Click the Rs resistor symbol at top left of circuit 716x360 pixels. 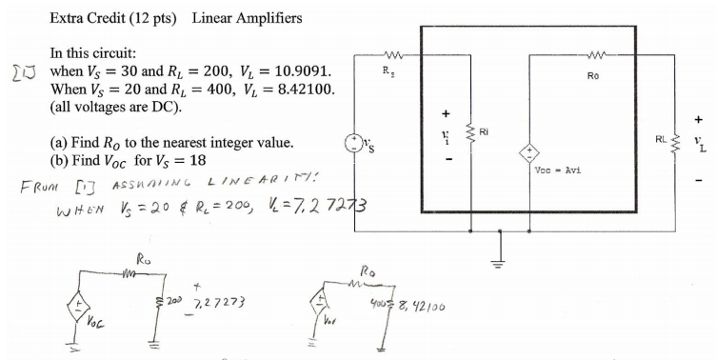click(393, 53)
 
